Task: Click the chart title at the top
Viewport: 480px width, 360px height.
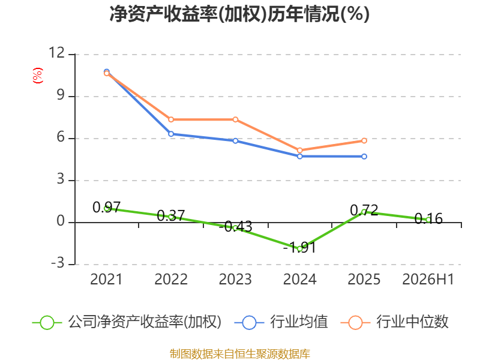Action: click(239, 14)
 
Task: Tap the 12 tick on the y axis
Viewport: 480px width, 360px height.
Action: click(57, 53)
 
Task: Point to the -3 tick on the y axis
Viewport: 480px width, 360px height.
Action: click(58, 263)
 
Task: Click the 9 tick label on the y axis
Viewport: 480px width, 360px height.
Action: click(61, 95)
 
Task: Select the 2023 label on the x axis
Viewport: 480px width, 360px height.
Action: click(235, 279)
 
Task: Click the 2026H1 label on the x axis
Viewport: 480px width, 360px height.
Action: click(428, 279)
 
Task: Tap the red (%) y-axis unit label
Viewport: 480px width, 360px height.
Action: click(38, 76)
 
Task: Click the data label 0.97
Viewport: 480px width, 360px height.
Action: click(107, 208)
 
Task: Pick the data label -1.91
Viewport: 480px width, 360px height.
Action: click(299, 247)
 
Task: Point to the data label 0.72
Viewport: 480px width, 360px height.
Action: click(364, 211)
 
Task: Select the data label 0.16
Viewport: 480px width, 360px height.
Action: click(428, 219)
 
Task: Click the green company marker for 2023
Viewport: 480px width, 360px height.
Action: click(235, 228)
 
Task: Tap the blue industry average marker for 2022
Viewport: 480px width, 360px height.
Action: click(171, 134)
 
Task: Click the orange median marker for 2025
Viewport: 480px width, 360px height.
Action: click(364, 141)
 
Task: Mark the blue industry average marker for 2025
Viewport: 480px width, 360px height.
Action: click(364, 157)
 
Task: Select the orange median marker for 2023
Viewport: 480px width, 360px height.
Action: click(235, 119)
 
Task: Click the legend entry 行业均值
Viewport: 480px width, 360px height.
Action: click(281, 322)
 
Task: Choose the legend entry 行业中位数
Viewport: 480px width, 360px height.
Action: click(395, 322)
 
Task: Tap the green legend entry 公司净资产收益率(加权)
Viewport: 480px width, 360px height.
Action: click(127, 322)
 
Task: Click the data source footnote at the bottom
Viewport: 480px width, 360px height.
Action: click(240, 354)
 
